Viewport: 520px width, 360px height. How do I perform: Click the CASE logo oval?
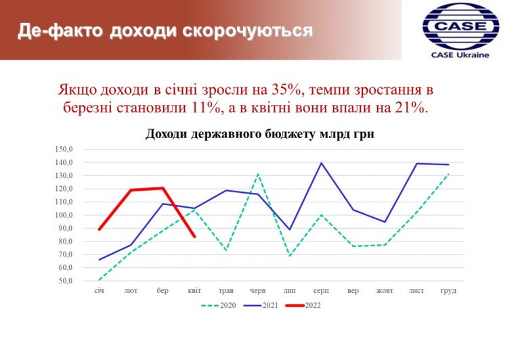(x=460, y=26)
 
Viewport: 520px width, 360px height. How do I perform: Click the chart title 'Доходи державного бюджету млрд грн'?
(x=260, y=134)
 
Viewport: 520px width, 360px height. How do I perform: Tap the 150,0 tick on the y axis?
(x=64, y=149)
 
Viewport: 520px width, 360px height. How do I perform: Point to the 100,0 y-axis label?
(x=64, y=215)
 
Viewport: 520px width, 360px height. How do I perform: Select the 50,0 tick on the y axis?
(x=65, y=281)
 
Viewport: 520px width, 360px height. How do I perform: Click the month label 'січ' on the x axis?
(x=99, y=291)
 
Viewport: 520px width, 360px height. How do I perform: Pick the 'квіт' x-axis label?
(x=194, y=291)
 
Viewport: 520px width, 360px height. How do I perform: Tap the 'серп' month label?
(x=321, y=291)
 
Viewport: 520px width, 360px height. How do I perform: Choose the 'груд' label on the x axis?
(x=448, y=291)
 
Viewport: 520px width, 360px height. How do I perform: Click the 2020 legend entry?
(x=219, y=305)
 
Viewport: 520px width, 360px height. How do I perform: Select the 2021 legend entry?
(x=261, y=305)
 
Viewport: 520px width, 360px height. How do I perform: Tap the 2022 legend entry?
(x=303, y=305)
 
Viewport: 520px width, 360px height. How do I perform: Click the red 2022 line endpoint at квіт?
(x=194, y=236)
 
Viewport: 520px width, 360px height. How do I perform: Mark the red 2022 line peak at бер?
(x=162, y=188)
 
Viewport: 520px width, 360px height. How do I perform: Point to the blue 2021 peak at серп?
(x=321, y=163)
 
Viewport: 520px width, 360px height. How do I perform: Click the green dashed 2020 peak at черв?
(x=258, y=174)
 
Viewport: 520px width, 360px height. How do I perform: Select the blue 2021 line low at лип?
(x=290, y=229)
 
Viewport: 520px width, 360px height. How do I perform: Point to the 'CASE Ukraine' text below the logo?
(x=460, y=55)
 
